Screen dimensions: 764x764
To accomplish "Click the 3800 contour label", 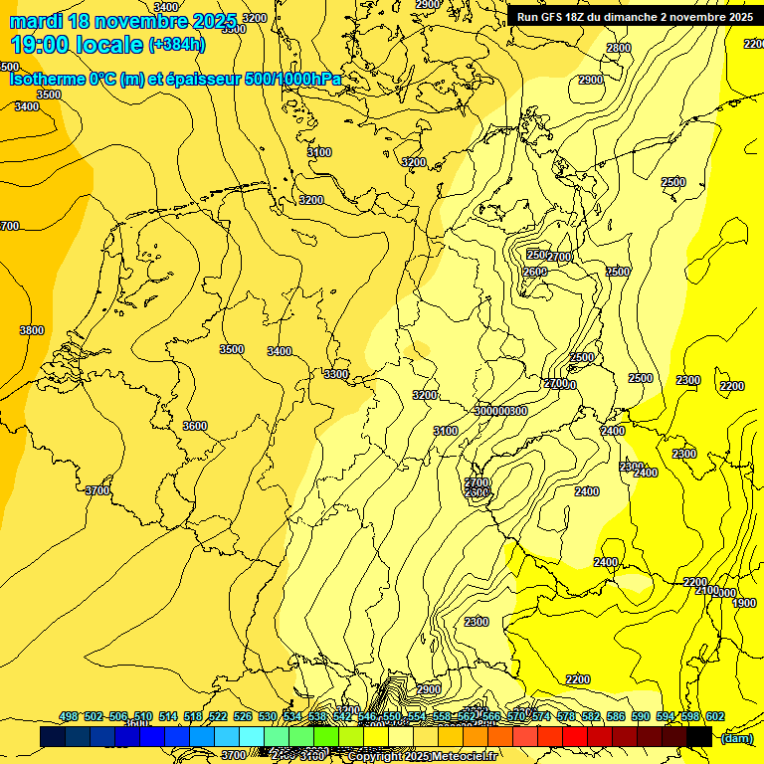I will [31, 330].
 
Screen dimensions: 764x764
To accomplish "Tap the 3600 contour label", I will [195, 426].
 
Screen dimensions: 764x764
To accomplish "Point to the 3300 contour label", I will [336, 374].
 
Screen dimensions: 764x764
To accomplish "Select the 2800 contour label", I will [619, 48].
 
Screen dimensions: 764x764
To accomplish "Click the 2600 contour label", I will [534, 272].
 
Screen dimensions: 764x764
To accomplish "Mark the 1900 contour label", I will [744, 603].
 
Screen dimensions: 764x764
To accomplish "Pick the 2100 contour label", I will [706, 590].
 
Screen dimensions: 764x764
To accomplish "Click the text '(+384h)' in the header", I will [176, 45].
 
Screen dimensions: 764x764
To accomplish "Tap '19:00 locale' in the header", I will [77, 45].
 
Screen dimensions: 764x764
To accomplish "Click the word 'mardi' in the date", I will [36, 21].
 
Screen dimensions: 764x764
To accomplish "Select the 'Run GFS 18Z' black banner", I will [635, 17].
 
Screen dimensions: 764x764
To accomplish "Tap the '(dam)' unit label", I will [736, 738].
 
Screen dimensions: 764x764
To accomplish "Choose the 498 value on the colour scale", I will [69, 717].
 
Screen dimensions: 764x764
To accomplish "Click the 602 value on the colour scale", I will [714, 717].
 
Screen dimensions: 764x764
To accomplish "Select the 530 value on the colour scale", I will [268, 717].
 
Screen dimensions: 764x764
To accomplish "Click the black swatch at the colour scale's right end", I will [699, 736].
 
